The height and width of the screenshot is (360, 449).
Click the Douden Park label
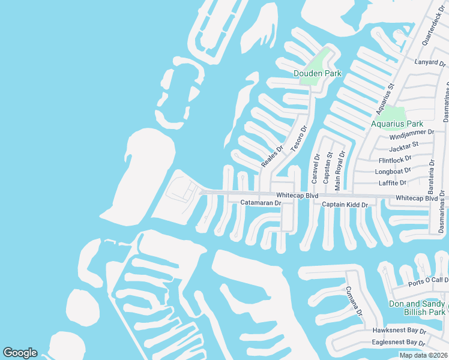[317, 73]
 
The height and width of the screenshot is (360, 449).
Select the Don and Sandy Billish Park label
[417, 308]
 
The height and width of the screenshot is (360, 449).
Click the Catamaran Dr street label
[261, 203]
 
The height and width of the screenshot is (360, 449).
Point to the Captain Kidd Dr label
[345, 205]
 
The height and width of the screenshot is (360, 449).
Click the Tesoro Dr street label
[298, 137]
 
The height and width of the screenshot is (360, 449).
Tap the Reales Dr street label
[271, 156]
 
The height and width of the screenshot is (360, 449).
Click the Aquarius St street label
[384, 99]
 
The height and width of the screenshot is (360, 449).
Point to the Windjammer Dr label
[411, 132]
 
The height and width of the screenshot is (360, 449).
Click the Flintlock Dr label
[395, 159]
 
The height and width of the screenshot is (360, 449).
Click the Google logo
[20, 353]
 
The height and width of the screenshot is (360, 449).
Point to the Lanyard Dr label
[430, 62]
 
